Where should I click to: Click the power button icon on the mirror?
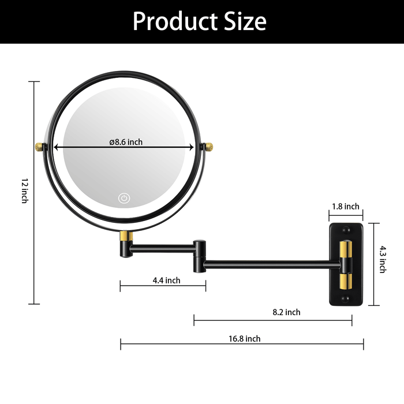[x=124, y=198]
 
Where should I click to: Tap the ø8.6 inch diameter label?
[x=126, y=142]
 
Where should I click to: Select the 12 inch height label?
[x=25, y=190]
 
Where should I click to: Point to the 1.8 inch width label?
[x=346, y=207]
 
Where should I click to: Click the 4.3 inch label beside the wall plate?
[x=383, y=259]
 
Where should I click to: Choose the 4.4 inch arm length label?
[x=166, y=280]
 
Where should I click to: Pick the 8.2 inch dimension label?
[x=286, y=312]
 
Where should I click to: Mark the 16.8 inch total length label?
[x=245, y=339]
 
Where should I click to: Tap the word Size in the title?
[x=245, y=21]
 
